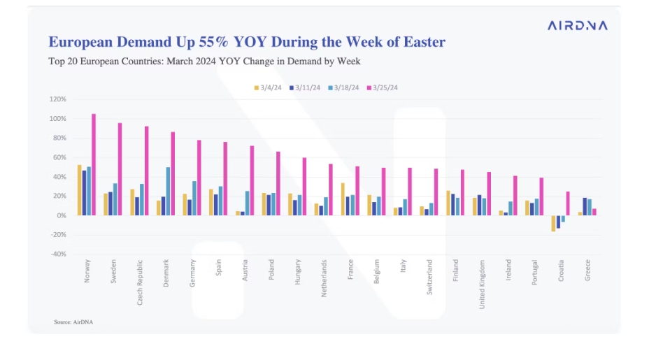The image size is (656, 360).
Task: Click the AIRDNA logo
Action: click(578, 25)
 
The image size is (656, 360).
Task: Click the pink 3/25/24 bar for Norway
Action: click(94, 165)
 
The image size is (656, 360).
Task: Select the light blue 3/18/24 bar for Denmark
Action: click(168, 192)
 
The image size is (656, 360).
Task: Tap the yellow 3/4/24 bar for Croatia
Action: click(553, 223)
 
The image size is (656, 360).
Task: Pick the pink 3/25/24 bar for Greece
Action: click(594, 212)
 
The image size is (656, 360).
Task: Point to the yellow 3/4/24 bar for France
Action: click(343, 199)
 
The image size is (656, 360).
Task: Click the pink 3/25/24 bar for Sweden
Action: click(120, 169)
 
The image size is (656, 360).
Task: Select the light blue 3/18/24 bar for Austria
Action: click(248, 203)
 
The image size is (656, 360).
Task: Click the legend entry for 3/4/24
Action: click(268, 88)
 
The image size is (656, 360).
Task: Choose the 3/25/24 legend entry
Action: click(383, 88)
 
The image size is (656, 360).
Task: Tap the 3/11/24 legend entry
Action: click(305, 88)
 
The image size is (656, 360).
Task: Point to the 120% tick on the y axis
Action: click(58, 99)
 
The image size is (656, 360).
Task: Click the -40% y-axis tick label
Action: click(58, 254)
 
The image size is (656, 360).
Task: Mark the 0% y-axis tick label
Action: click(61, 216)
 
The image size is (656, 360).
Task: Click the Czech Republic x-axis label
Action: click(140, 282)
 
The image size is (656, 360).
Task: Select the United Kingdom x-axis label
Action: click(482, 285)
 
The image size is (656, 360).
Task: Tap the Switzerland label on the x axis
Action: click(429, 278)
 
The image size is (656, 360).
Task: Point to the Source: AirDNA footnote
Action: click(73, 322)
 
